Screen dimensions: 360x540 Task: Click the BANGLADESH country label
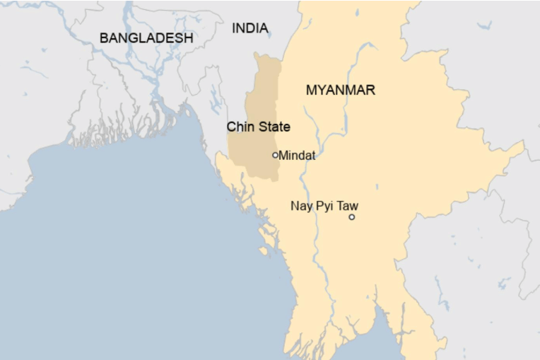[x=146, y=38]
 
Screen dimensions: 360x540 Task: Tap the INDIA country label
[x=250, y=28]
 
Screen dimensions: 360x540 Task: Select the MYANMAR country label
[x=340, y=91]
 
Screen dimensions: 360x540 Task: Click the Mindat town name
[x=297, y=155]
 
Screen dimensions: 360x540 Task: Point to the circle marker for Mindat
[x=275, y=155]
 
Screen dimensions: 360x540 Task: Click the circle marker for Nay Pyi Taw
[x=351, y=217]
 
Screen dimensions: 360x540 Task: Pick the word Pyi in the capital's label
[x=325, y=207]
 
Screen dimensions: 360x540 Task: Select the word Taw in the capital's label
[x=348, y=207]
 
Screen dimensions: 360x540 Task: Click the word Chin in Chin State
[x=239, y=127]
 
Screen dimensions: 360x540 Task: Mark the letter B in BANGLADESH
[x=104, y=38]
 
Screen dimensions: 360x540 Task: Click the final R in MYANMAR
[x=370, y=91]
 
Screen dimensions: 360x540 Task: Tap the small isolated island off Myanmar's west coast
[x=263, y=251]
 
